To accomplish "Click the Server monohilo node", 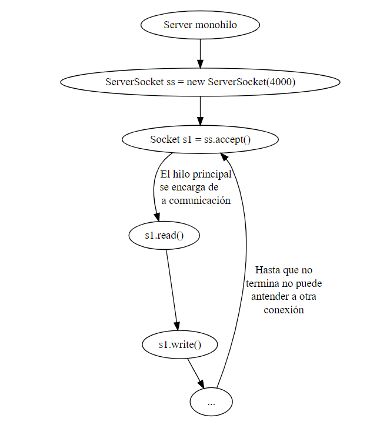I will tap(200, 25).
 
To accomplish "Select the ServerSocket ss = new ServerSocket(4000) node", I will tap(200, 82).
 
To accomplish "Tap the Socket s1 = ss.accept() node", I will tap(200, 139).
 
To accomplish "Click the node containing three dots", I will tap(211, 403).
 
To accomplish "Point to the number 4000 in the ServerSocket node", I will tap(280, 82).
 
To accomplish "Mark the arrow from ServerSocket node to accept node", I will tap(200, 111).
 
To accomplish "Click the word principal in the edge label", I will tap(209, 175).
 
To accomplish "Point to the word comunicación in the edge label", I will tap(200, 200).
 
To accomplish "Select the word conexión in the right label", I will tap(284, 310).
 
